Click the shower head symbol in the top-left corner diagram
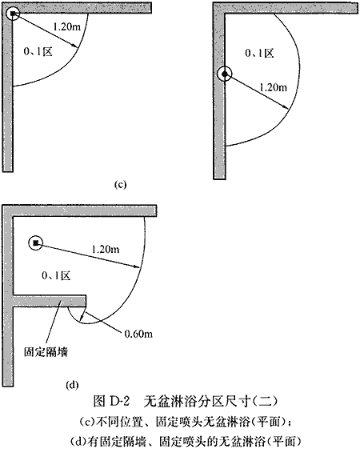(x=13, y=14)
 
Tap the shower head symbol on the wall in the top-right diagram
(x=225, y=74)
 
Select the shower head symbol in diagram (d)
(x=35, y=243)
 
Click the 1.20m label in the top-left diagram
(x=66, y=27)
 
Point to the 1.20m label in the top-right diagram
(x=273, y=87)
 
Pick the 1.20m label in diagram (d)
(x=106, y=249)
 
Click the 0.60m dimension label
(x=138, y=334)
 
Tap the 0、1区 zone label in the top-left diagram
(x=38, y=51)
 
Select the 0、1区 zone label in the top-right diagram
(x=259, y=53)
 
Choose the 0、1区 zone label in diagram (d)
(x=56, y=275)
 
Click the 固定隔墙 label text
(x=46, y=352)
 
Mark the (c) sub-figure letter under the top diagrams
(x=120, y=185)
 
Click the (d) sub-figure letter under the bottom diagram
(x=72, y=385)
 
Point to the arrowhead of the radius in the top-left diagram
(x=75, y=46)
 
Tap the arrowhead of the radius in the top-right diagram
(x=286, y=107)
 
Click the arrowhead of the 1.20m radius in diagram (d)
(x=137, y=267)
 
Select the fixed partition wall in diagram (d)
(x=50, y=301)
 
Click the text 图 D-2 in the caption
(x=111, y=402)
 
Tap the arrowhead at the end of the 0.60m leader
(x=82, y=317)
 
